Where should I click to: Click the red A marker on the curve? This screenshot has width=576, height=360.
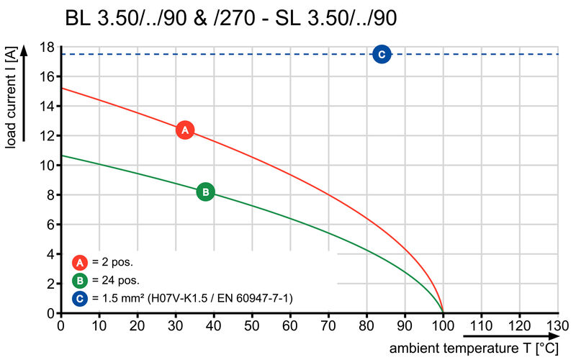(x=185, y=130)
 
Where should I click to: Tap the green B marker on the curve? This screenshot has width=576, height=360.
(x=205, y=192)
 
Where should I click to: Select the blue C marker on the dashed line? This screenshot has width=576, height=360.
(x=382, y=54)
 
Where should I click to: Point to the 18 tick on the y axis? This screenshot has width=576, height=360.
(x=47, y=48)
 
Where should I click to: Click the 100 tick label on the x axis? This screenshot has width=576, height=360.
(x=443, y=326)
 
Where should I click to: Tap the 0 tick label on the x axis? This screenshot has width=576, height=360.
(x=60, y=326)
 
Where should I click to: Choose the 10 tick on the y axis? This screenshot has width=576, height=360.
(x=47, y=166)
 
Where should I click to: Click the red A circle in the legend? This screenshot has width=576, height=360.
(x=81, y=262)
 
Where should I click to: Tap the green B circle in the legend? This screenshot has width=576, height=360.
(x=81, y=280)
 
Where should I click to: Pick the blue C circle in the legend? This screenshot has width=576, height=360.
(x=81, y=298)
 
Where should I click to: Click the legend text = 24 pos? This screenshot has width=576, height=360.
(x=116, y=280)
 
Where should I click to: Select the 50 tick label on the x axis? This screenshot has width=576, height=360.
(x=252, y=326)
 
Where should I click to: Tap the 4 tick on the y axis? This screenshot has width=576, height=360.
(x=50, y=254)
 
